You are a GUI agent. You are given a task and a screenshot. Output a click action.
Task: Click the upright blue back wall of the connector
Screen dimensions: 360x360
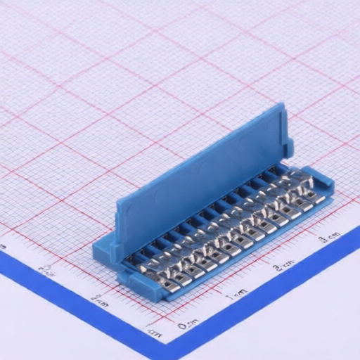click(200, 176)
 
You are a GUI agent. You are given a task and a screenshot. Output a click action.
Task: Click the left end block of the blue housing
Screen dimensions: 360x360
click(105, 250)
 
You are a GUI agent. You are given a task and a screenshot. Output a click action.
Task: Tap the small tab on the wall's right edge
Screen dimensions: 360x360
click(288, 144)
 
